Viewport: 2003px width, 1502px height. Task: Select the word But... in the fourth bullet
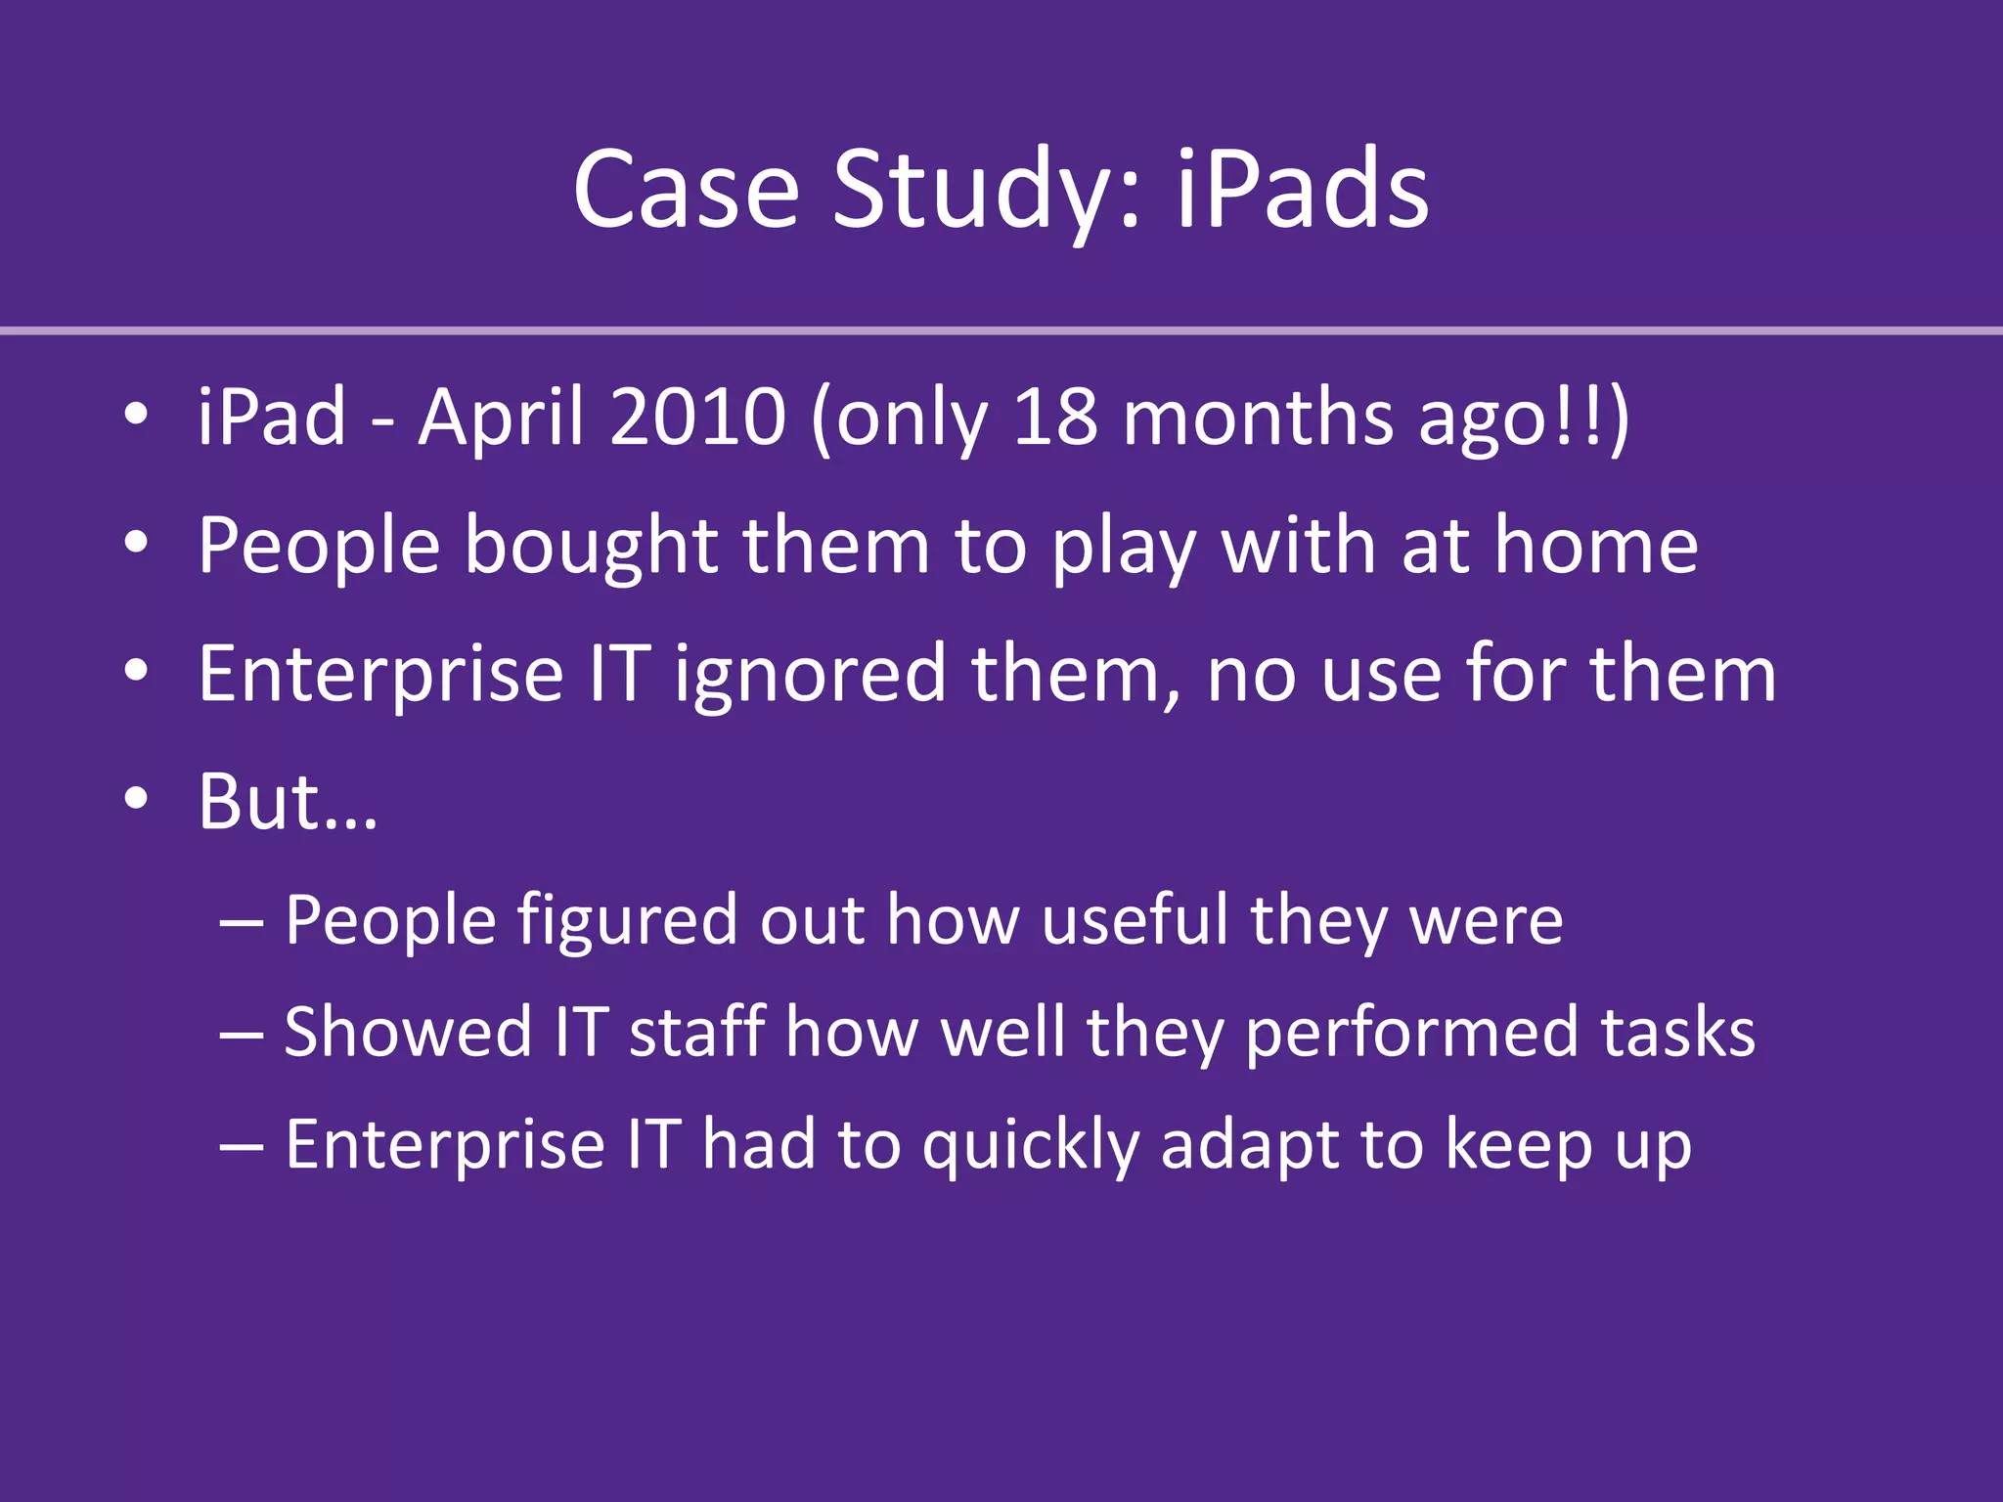pos(287,802)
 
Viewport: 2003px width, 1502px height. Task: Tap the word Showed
pos(408,1033)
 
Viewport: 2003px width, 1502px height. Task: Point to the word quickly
pos(1031,1146)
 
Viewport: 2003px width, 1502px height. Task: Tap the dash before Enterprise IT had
pos(241,1145)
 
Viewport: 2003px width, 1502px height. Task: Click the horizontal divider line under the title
pos(1001,331)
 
